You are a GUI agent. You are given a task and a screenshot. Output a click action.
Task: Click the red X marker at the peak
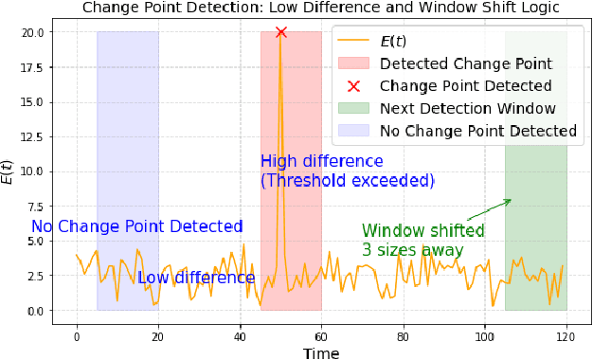(280, 32)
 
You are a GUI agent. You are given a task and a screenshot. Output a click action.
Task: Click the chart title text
(321, 8)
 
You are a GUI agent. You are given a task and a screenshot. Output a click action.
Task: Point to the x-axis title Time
(321, 352)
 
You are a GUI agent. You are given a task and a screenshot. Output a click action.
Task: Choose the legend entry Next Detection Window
(467, 109)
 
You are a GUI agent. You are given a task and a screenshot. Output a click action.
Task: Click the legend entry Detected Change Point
(465, 65)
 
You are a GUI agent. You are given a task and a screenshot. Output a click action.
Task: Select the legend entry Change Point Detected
(465, 87)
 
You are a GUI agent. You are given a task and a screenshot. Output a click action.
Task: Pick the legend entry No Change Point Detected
(477, 131)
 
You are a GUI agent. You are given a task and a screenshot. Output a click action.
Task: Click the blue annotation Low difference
(196, 278)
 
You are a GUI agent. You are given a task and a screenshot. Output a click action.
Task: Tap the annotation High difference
(321, 161)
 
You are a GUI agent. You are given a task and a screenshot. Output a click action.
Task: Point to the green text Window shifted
(422, 230)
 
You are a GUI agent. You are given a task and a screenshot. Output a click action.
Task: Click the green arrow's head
(510, 200)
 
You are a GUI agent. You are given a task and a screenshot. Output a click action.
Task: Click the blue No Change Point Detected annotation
(137, 226)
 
